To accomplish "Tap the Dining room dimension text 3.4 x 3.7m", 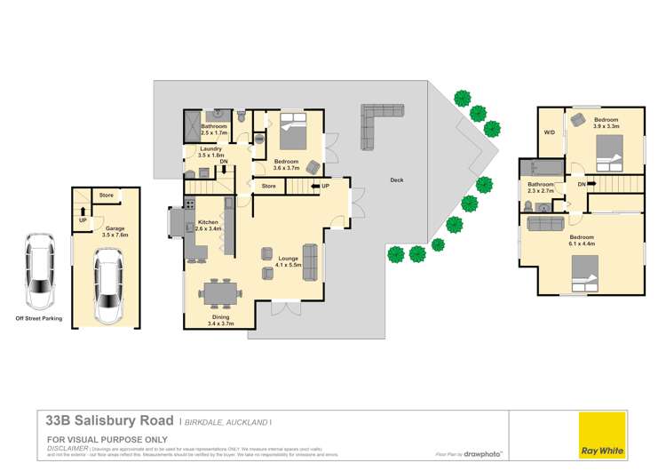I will (x=220, y=324).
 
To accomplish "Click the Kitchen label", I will (x=208, y=221).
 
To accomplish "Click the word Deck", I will (x=396, y=180).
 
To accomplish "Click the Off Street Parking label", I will (x=39, y=317).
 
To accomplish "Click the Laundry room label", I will (x=210, y=149).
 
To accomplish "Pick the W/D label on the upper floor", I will (x=550, y=132).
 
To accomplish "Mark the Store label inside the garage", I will (x=107, y=195).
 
